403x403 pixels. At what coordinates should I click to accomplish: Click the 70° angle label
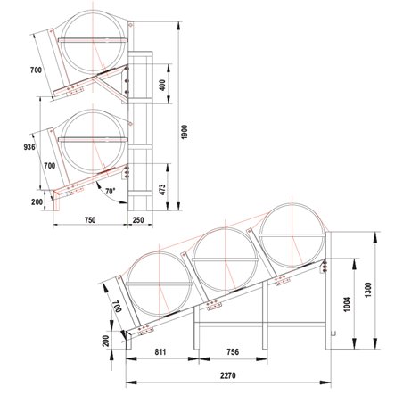click(x=109, y=191)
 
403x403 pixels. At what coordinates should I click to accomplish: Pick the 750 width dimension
click(x=89, y=219)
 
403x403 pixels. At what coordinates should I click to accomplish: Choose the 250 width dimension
click(x=137, y=219)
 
